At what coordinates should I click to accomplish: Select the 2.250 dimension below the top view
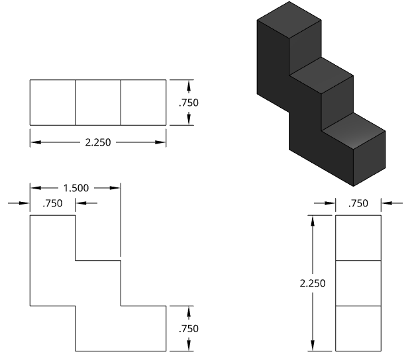coord(98,142)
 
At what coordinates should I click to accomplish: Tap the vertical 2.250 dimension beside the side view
coord(312,283)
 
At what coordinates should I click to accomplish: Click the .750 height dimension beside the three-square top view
coord(189,103)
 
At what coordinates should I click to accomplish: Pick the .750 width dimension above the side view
coord(358,203)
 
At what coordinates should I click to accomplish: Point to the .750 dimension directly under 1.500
coord(52,203)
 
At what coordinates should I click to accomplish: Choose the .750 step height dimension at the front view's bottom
coord(189,328)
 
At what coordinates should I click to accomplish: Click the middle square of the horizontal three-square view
coord(98,102)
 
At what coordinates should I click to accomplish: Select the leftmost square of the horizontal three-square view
coord(52,102)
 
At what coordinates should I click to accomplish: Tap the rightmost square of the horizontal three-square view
coord(143,102)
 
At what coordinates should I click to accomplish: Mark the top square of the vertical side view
coord(358,238)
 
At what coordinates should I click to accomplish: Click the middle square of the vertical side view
coord(358,283)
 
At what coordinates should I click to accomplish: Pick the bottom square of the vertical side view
coord(358,328)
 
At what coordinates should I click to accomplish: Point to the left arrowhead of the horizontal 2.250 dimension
coord(33,142)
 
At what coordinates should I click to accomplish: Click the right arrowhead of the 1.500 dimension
coord(117,187)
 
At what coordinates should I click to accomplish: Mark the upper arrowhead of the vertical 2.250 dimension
coord(312,219)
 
